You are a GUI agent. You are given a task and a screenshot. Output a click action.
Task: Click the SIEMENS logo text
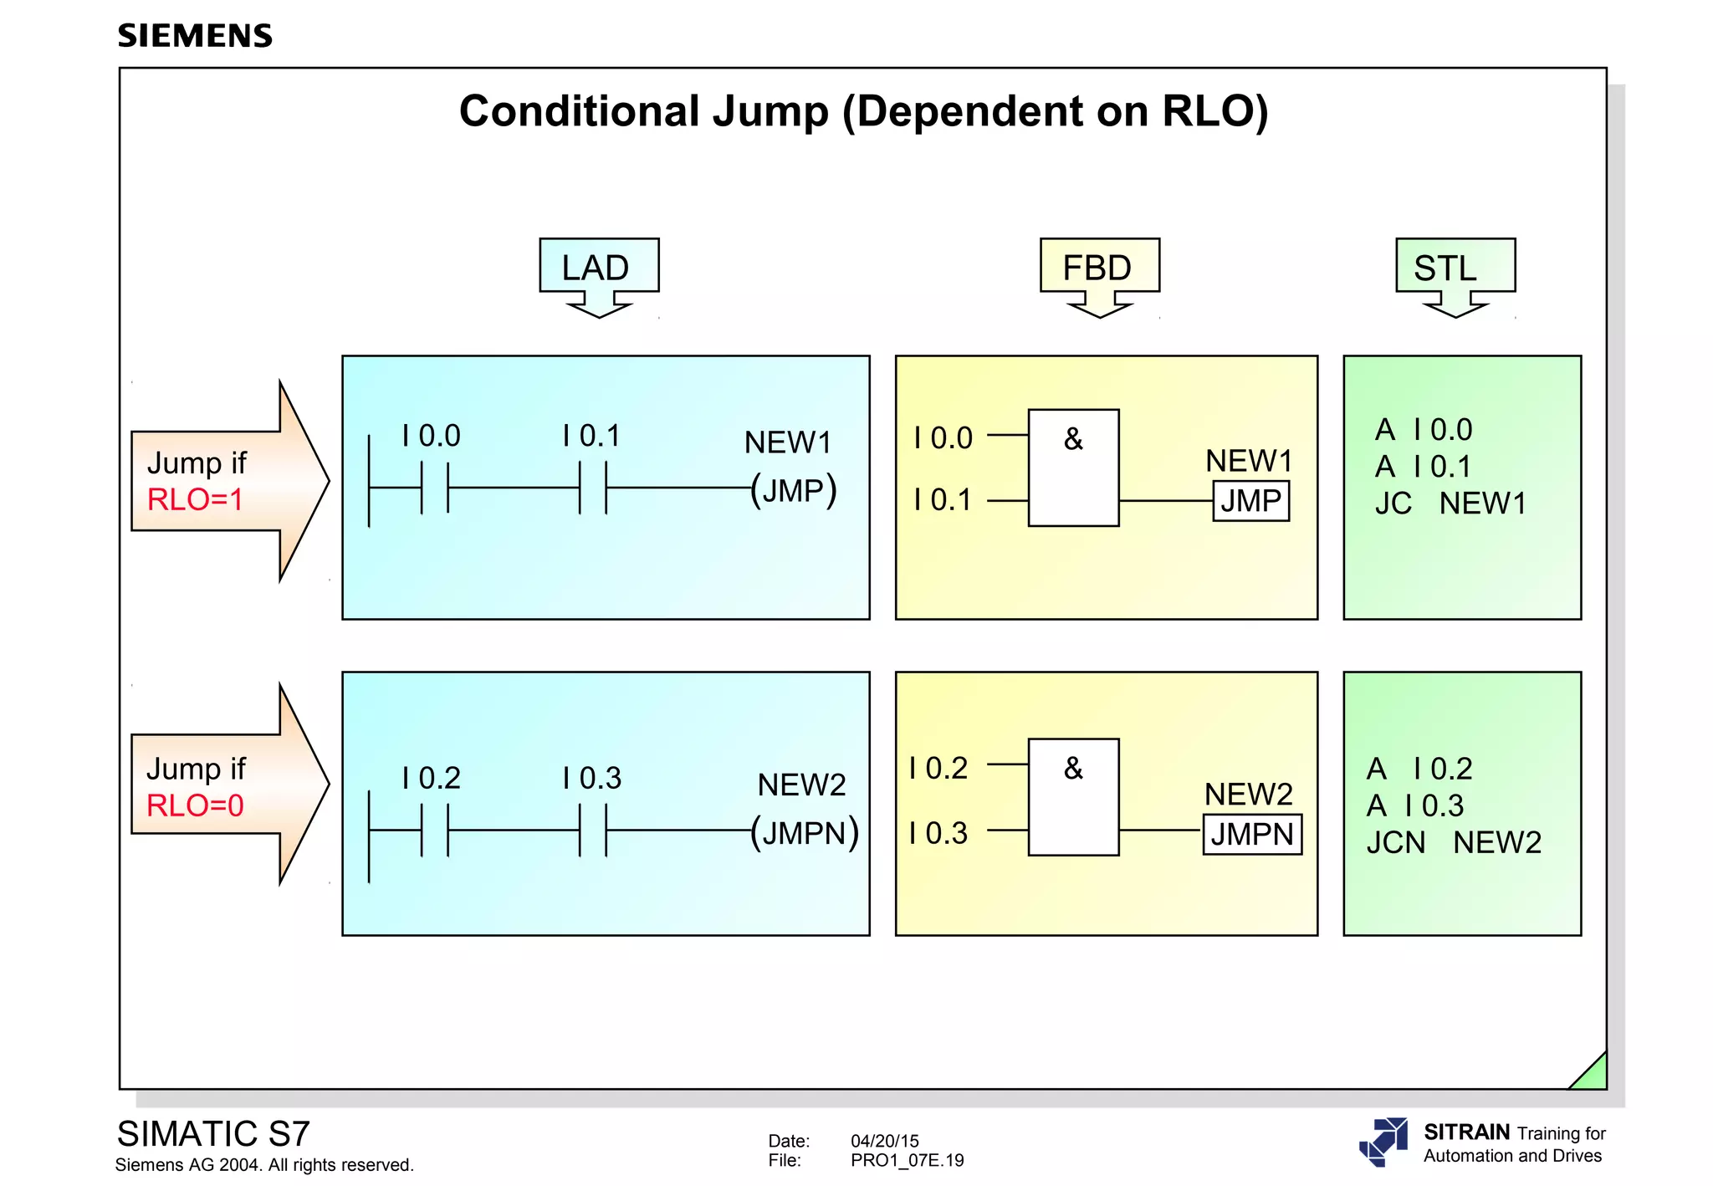(x=195, y=36)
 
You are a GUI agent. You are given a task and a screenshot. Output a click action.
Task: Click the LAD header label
(x=596, y=268)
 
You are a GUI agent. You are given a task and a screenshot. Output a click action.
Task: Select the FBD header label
(x=1097, y=268)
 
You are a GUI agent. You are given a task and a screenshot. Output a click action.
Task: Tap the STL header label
(x=1445, y=268)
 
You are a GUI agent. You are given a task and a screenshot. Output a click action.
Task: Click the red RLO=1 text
(x=195, y=500)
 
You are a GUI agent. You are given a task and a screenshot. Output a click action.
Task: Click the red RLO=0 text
(x=195, y=805)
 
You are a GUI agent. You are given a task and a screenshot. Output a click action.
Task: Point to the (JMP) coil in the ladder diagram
(x=793, y=490)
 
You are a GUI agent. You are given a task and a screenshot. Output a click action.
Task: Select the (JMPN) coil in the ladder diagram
(x=804, y=833)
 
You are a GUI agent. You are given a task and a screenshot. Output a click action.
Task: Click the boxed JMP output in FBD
(x=1250, y=501)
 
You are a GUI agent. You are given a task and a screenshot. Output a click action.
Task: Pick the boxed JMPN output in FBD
(x=1252, y=835)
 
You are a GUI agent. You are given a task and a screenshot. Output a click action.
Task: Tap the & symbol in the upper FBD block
(x=1073, y=439)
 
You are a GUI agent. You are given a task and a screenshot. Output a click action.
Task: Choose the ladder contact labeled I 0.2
(x=435, y=831)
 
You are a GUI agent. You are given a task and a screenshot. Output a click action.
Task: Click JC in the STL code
(x=1393, y=504)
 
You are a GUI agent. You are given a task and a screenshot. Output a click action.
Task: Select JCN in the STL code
(x=1395, y=842)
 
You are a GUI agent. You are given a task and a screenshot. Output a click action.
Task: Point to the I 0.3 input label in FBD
(x=938, y=833)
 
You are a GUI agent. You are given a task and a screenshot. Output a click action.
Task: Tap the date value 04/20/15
(x=884, y=1141)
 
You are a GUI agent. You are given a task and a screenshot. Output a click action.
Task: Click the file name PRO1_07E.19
(x=907, y=1161)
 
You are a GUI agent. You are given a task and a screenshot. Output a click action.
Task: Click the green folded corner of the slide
(x=1593, y=1076)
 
